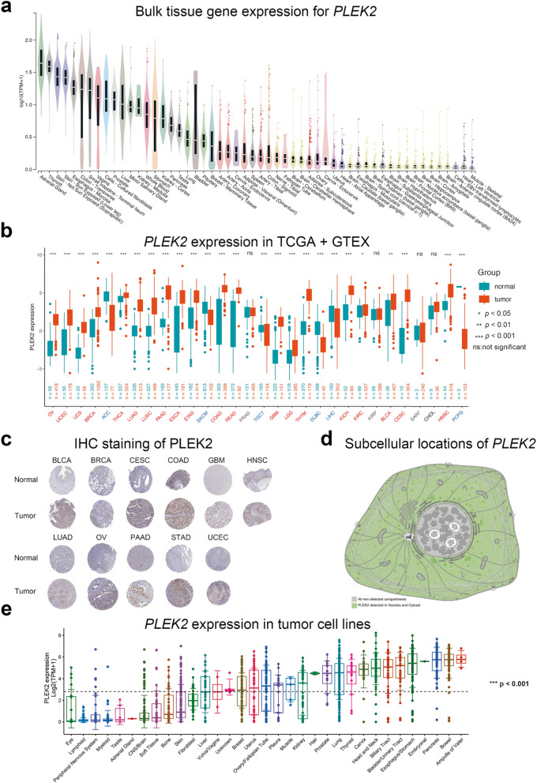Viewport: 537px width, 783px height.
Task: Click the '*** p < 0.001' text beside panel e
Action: coord(506,683)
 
